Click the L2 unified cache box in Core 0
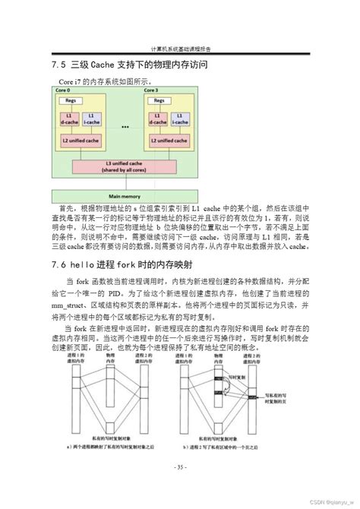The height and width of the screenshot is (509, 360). coord(80,141)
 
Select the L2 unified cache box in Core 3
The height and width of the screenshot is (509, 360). coord(169,141)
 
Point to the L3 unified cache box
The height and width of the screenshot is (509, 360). coord(125,166)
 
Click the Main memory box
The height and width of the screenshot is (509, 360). coord(125,195)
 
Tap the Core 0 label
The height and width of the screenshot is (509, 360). coord(62,90)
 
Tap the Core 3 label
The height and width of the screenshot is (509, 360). coord(152,90)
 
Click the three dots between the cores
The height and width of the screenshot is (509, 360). coord(124,126)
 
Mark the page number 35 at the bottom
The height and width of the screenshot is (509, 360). coord(179,466)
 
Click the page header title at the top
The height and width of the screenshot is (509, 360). coord(180,47)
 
